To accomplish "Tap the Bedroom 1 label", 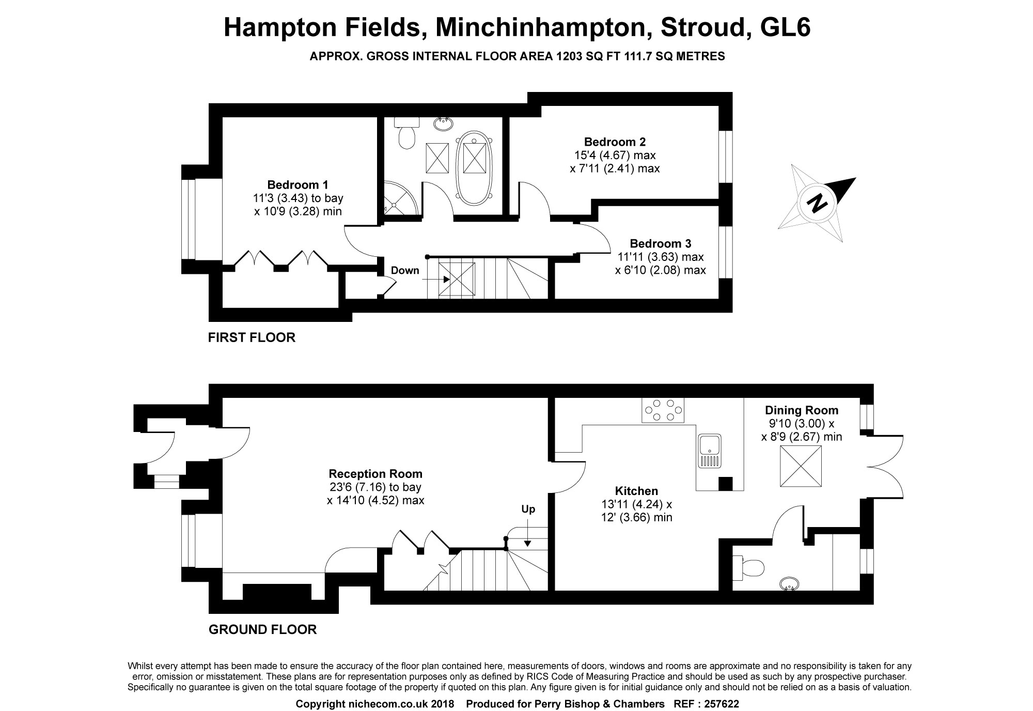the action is [298, 184].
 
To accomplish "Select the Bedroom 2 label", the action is [615, 142].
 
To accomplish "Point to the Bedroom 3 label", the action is [660, 243].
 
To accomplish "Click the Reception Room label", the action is [375, 474].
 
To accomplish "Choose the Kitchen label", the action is [636, 491].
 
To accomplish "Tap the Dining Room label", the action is [802, 410].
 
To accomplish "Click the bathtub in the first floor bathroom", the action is [475, 167].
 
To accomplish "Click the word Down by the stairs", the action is [405, 270].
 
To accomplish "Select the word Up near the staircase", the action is [528, 509].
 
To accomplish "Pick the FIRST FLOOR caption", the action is [252, 337].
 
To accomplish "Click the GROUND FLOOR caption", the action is [262, 629].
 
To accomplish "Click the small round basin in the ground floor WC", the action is [790, 584].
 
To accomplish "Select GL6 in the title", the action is [786, 27].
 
